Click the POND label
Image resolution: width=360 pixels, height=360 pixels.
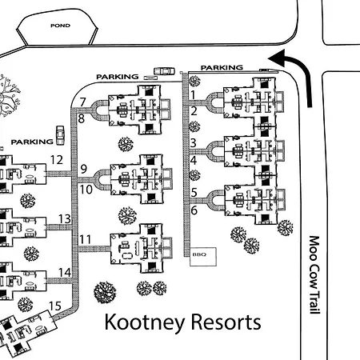tap(60, 26)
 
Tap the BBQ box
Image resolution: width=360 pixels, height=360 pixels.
tap(203, 257)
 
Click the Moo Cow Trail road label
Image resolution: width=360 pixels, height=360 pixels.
tap(314, 274)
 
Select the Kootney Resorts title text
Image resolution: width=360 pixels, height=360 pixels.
tap(182, 322)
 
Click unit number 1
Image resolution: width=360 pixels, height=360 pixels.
tap(193, 95)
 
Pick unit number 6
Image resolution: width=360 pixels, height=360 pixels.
tap(194, 210)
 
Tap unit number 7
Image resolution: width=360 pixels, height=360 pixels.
tap(82, 102)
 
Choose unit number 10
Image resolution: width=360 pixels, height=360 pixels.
tap(86, 190)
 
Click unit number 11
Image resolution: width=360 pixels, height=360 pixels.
tap(86, 239)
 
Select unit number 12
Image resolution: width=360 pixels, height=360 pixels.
tap(57, 160)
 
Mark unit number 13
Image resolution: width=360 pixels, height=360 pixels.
tap(65, 219)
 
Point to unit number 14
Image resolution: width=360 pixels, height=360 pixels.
tap(65, 273)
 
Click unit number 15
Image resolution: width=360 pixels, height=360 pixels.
tap(55, 306)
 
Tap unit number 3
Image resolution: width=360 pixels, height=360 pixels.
tap(194, 143)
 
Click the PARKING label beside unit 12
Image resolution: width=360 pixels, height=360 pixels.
tap(32, 142)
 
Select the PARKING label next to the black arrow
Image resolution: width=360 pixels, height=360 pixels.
tap(222, 68)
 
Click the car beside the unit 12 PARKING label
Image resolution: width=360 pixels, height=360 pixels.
tap(60, 135)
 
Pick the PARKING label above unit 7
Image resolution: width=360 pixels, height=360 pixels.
tap(118, 77)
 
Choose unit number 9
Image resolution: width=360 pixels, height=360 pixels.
tap(84, 169)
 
